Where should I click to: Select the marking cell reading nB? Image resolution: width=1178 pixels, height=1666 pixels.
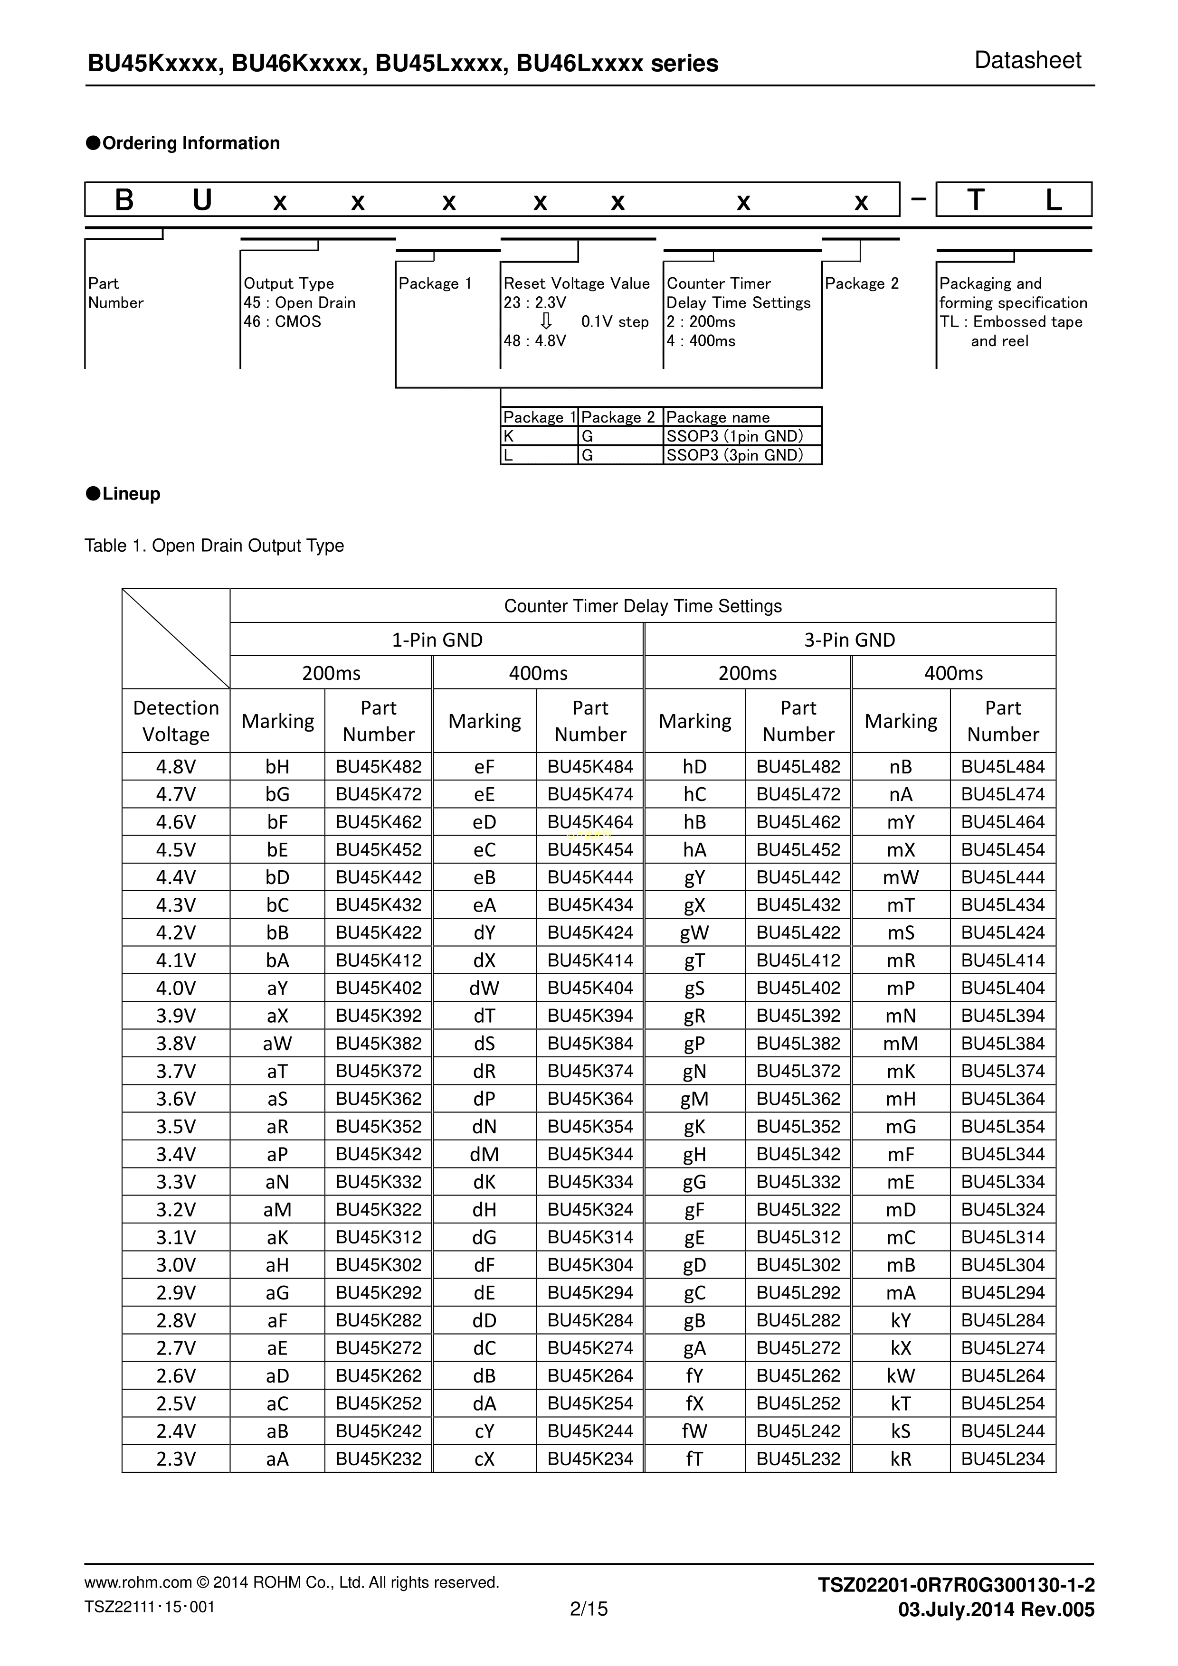[900, 767]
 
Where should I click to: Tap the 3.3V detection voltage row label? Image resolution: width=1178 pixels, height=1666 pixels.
[176, 1182]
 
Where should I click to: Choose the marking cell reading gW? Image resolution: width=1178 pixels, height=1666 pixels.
[694, 933]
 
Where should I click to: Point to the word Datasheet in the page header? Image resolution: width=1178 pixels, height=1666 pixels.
[1027, 60]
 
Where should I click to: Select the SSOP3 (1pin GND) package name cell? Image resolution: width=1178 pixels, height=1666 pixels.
[734, 436]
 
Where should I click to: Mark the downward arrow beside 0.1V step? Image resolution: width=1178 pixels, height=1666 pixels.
[547, 321]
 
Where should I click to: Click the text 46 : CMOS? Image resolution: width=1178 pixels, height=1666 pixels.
[282, 321]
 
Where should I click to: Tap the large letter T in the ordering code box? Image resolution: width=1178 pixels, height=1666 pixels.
[976, 199]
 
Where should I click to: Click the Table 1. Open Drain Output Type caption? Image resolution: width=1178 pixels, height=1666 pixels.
[214, 546]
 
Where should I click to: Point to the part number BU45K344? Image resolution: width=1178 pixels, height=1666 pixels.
[590, 1155]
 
